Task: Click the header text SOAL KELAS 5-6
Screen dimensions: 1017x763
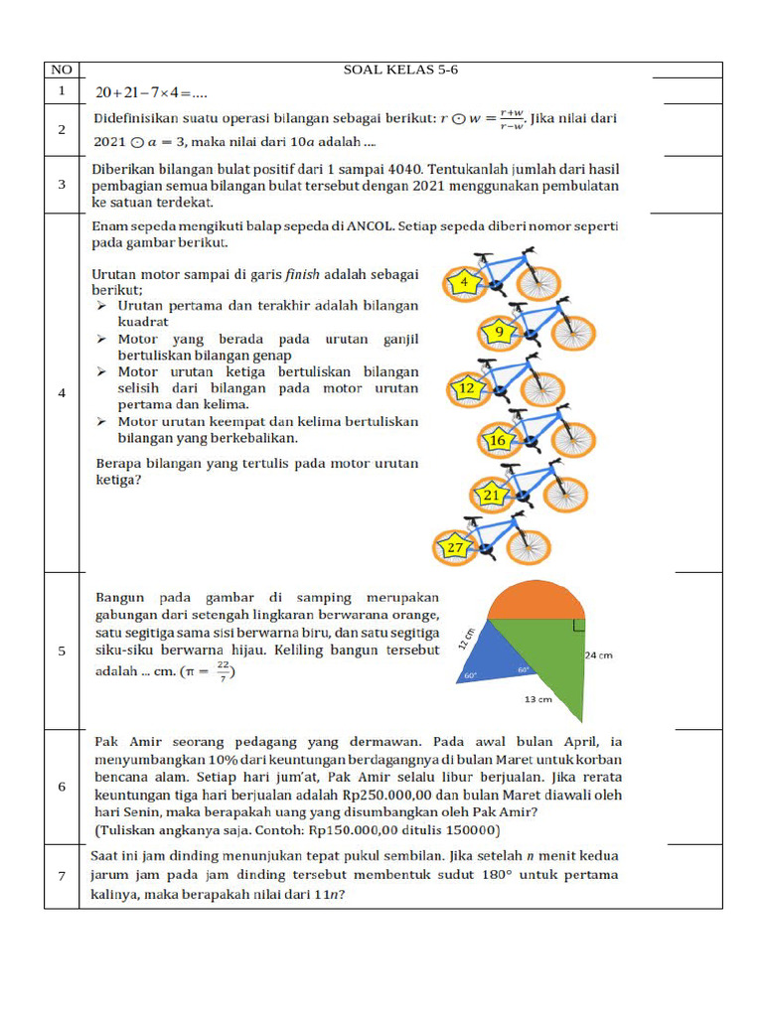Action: (x=400, y=70)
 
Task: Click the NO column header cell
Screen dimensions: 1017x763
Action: (x=62, y=70)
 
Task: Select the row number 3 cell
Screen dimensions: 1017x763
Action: (x=62, y=184)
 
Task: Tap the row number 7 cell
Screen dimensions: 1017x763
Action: (x=62, y=875)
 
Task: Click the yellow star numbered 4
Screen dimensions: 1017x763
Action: (x=464, y=283)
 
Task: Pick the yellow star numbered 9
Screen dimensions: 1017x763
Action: (x=499, y=333)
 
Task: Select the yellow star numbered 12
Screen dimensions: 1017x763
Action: (x=468, y=388)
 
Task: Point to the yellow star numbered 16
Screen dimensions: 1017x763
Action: (x=499, y=439)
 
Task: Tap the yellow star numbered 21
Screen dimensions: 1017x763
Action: (x=492, y=494)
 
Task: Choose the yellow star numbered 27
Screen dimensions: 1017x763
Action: (x=455, y=547)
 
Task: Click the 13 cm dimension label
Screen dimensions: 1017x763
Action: (x=537, y=699)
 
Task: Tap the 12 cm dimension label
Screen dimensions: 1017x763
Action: (x=465, y=639)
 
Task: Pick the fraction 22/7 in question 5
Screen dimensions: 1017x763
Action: (x=223, y=672)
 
